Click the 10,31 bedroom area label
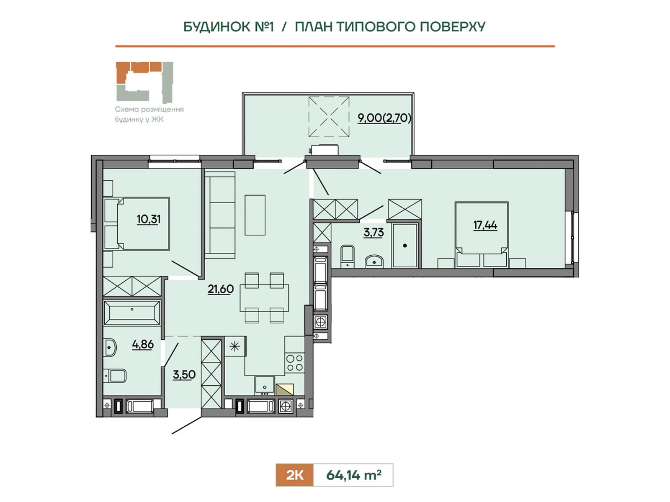148,219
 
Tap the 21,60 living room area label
221,289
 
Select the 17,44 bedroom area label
485,225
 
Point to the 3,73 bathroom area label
374,233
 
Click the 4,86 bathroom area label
143,344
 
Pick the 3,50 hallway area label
184,374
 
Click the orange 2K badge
294,475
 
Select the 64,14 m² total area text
353,475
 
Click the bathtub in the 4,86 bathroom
132,313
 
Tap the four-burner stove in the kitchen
295,363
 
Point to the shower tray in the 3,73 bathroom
405,246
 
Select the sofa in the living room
220,215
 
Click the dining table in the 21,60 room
264,298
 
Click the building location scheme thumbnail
144,82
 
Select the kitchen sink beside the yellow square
265,386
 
